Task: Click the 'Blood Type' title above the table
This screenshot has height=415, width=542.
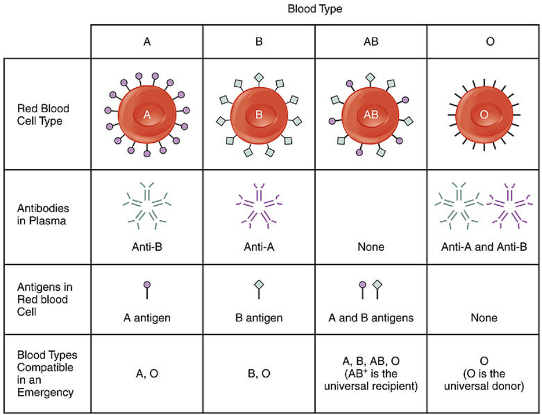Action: coord(315,9)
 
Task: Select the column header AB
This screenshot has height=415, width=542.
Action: coord(371,42)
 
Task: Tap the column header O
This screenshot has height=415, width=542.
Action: coord(490,42)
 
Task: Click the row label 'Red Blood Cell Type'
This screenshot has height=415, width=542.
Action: coord(43,114)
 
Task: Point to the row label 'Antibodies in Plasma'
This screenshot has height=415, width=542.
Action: coord(43,214)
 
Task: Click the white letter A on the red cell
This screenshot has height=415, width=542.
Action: coord(147,114)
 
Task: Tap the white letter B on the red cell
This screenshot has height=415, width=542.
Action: coord(259,114)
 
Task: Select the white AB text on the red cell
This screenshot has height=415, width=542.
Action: coord(371,114)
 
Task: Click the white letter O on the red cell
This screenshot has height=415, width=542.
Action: coord(484,114)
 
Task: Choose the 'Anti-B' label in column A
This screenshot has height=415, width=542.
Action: coord(147,247)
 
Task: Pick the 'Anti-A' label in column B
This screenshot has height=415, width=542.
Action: coord(259,247)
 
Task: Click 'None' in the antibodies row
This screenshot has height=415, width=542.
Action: coord(371,247)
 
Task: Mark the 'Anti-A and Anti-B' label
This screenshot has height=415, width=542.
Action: coord(484,247)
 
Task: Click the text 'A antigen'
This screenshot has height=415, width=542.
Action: coord(147,318)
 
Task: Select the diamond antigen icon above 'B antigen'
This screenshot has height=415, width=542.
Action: coord(259,285)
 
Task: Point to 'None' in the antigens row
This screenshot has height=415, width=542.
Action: coord(484,318)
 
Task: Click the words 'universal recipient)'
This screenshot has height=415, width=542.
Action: coord(371,386)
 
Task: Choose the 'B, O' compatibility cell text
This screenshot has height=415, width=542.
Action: coord(259,373)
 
